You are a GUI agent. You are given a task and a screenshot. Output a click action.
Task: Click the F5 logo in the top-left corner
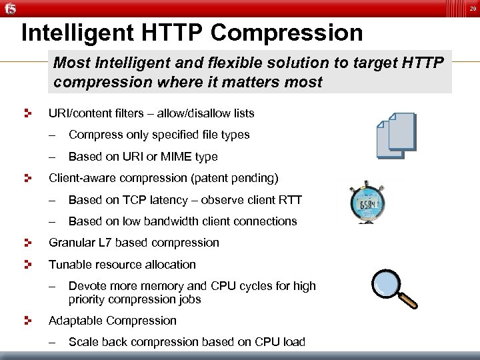pos(9,8)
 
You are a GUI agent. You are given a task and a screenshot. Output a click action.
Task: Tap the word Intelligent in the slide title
pos(76,32)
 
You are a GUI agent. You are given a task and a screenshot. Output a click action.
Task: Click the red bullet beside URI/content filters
pos(28,113)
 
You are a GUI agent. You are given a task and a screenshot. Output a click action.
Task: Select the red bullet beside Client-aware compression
pos(28,178)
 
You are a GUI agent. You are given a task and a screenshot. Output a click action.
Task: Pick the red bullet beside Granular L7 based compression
pos(28,243)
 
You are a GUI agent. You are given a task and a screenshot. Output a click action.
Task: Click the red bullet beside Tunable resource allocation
pos(28,265)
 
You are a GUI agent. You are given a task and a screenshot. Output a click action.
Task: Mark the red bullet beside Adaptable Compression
pos(28,321)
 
